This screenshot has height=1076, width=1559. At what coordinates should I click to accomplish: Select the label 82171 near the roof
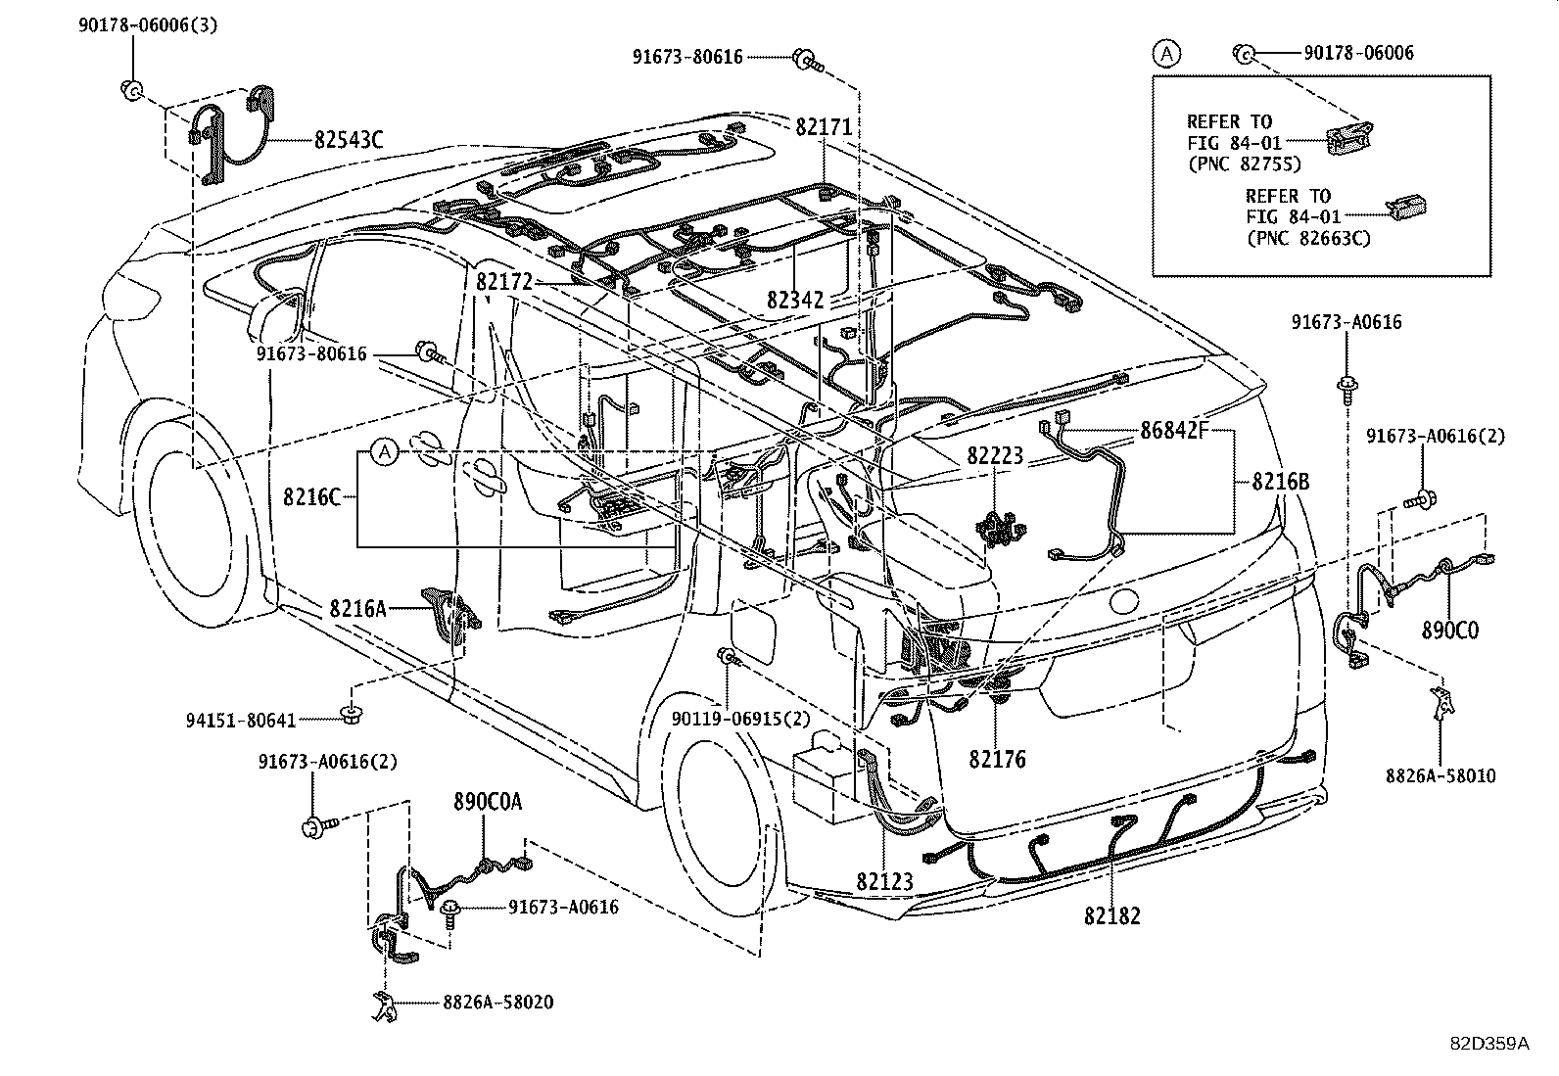[x=823, y=127]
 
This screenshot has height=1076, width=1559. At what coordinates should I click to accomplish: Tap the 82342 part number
[x=795, y=301]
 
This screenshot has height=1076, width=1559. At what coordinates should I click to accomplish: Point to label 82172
[x=504, y=283]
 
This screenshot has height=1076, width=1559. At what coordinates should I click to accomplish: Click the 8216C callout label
[x=311, y=496]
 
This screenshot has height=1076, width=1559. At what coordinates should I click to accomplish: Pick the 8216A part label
[x=357, y=609]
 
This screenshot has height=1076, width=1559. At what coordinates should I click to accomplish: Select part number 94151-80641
[x=241, y=721]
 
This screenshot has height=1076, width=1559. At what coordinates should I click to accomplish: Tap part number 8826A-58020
[x=497, y=1002]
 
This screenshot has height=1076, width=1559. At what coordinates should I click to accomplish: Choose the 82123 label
[x=884, y=881]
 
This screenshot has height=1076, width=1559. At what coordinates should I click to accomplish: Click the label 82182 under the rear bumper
[x=1111, y=916]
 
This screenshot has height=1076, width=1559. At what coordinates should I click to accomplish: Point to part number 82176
[x=998, y=759]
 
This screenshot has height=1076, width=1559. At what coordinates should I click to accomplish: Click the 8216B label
[x=1280, y=482]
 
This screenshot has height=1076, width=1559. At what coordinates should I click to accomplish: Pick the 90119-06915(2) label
[x=741, y=719]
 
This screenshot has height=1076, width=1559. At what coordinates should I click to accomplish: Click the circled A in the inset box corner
[x=1165, y=54]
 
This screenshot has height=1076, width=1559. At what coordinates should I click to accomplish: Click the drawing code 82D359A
[x=1488, y=1044]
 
